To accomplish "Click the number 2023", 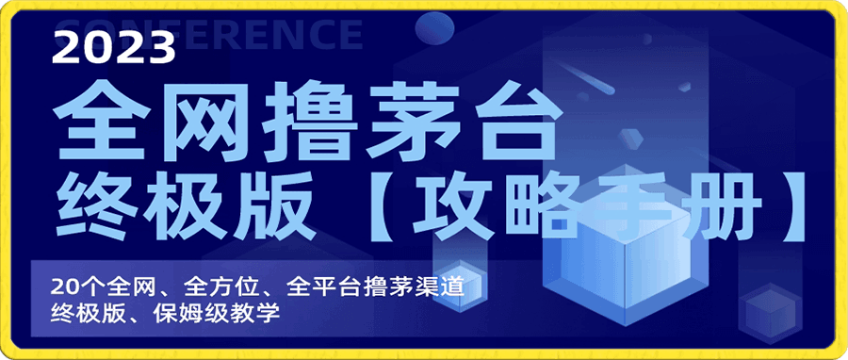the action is point(114,47).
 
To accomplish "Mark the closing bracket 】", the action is point(791,206).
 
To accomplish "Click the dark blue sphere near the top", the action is point(436,27).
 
